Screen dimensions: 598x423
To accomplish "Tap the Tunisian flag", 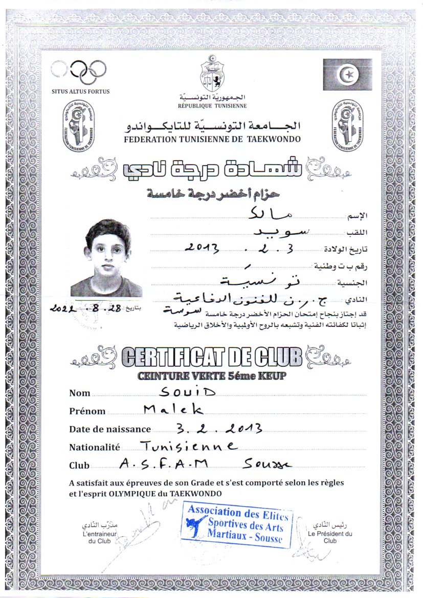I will [346, 75].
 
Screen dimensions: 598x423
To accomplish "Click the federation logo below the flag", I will [347, 124].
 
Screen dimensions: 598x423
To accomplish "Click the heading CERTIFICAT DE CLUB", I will [211, 357].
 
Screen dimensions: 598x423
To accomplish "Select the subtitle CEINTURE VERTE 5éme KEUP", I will [211, 376].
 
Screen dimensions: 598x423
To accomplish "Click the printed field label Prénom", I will [87, 411].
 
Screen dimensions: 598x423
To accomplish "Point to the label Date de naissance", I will [110, 429].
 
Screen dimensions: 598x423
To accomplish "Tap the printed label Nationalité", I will [95, 447].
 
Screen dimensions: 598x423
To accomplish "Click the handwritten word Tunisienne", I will [188, 446].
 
